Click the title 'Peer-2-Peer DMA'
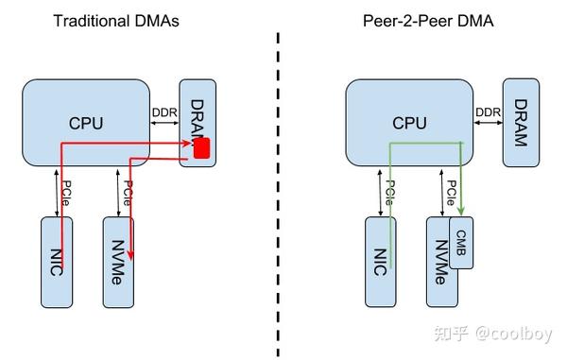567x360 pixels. (x=443, y=21)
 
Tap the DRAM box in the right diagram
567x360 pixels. (x=521, y=120)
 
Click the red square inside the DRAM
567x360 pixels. (x=201, y=149)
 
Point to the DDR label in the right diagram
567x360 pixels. (x=487, y=113)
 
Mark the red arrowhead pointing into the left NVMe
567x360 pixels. (x=130, y=254)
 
